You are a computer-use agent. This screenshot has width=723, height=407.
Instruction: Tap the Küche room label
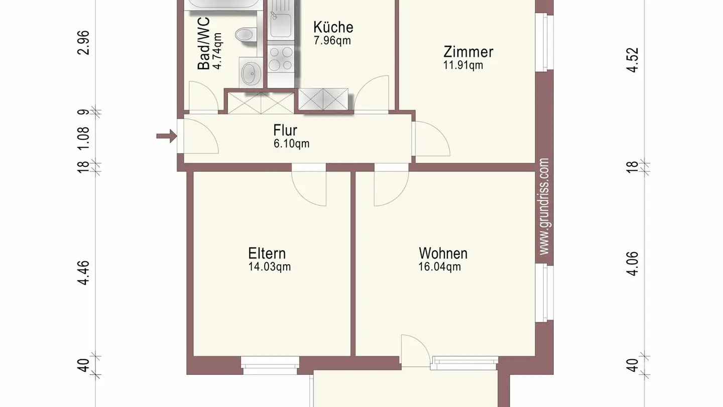tap(333, 27)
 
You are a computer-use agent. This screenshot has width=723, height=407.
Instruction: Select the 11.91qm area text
tap(462, 65)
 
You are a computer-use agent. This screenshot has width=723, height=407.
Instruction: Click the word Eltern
tap(267, 253)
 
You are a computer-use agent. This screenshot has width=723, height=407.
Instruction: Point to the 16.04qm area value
tap(439, 267)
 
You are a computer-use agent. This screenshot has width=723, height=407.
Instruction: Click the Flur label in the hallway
tap(285, 130)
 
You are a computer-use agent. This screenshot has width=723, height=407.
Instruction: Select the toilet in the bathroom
tap(245, 35)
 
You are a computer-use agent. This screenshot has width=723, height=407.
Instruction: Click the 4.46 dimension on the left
tap(84, 273)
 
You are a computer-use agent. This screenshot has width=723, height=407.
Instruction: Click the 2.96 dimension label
tap(84, 43)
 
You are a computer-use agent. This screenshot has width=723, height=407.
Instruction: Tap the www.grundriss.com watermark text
tap(544, 207)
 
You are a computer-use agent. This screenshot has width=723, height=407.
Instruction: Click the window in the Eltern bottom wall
tap(270, 364)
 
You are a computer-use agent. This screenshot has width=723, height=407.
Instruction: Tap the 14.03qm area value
tap(269, 267)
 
